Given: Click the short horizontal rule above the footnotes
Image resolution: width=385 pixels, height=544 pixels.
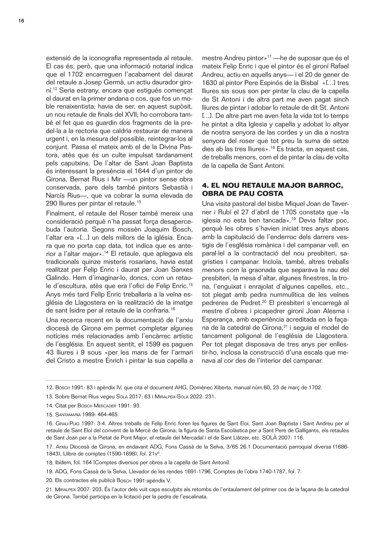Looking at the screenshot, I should point(73,380).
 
